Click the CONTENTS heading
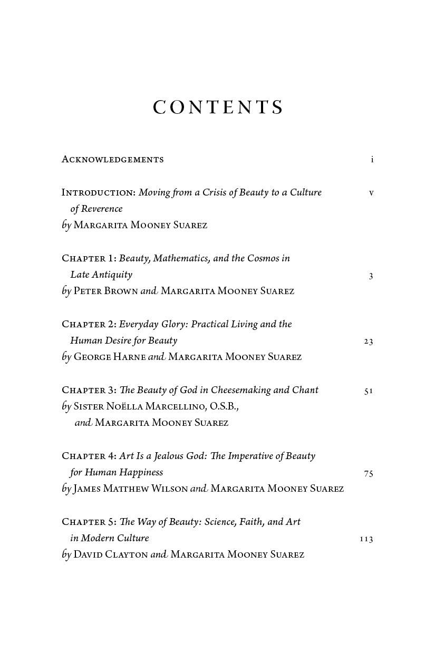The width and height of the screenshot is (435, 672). pos(218,108)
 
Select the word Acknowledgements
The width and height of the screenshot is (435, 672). pos(112,159)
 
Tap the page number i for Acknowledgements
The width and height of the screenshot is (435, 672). pos(372,160)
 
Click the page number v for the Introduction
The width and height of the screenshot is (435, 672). pos(371,193)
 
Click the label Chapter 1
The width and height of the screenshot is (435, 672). pos(89,258)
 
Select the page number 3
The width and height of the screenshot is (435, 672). pos(371,276)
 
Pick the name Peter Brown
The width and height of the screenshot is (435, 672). pos(105,291)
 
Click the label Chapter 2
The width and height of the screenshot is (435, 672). pos(89,324)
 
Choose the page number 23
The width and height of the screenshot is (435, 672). pos(369,342)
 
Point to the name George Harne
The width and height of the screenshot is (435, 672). pos(109,357)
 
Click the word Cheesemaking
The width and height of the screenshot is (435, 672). pos(240,390)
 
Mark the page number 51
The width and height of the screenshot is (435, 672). pos(369,391)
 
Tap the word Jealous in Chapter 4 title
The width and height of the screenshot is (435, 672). pos(164,456)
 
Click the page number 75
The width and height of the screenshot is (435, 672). pos(369,473)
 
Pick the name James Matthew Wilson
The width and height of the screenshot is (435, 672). pos(130,489)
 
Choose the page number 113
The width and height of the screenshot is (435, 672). pos(366,539)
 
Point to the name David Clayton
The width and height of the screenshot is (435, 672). pos(111,554)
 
